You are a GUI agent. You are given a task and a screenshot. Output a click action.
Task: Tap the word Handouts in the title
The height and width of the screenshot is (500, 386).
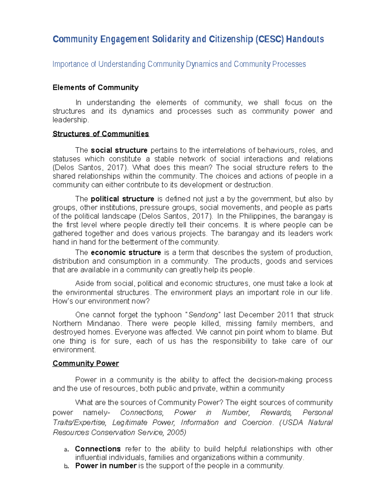coord(305,39)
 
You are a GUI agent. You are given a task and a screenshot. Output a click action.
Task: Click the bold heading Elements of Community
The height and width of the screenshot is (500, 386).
coord(96,88)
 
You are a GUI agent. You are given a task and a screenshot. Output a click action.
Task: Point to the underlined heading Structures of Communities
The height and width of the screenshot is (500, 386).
coord(101,134)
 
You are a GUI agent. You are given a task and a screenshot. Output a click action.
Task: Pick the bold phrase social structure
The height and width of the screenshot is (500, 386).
coord(119,150)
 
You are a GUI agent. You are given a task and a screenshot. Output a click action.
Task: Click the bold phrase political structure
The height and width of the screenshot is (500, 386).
coord(123,199)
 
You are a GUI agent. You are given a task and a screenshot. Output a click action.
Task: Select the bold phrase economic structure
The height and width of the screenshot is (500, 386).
coord(126,252)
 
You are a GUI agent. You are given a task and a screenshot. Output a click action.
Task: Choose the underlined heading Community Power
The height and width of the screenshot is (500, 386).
coord(86,363)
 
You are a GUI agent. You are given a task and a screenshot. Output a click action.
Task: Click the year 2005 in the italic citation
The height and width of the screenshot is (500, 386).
coord(176,432)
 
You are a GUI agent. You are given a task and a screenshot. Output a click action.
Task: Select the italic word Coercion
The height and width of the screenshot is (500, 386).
coord(257,422)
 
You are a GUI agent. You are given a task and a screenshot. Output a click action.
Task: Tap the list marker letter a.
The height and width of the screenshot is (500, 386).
coord(66,449)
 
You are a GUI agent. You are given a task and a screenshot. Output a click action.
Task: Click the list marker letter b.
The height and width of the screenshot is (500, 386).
coord(66,467)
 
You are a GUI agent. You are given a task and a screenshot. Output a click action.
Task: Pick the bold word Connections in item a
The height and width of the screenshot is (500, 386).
coord(98,449)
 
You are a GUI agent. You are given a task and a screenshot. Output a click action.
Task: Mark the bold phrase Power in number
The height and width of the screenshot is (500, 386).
coord(106,466)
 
